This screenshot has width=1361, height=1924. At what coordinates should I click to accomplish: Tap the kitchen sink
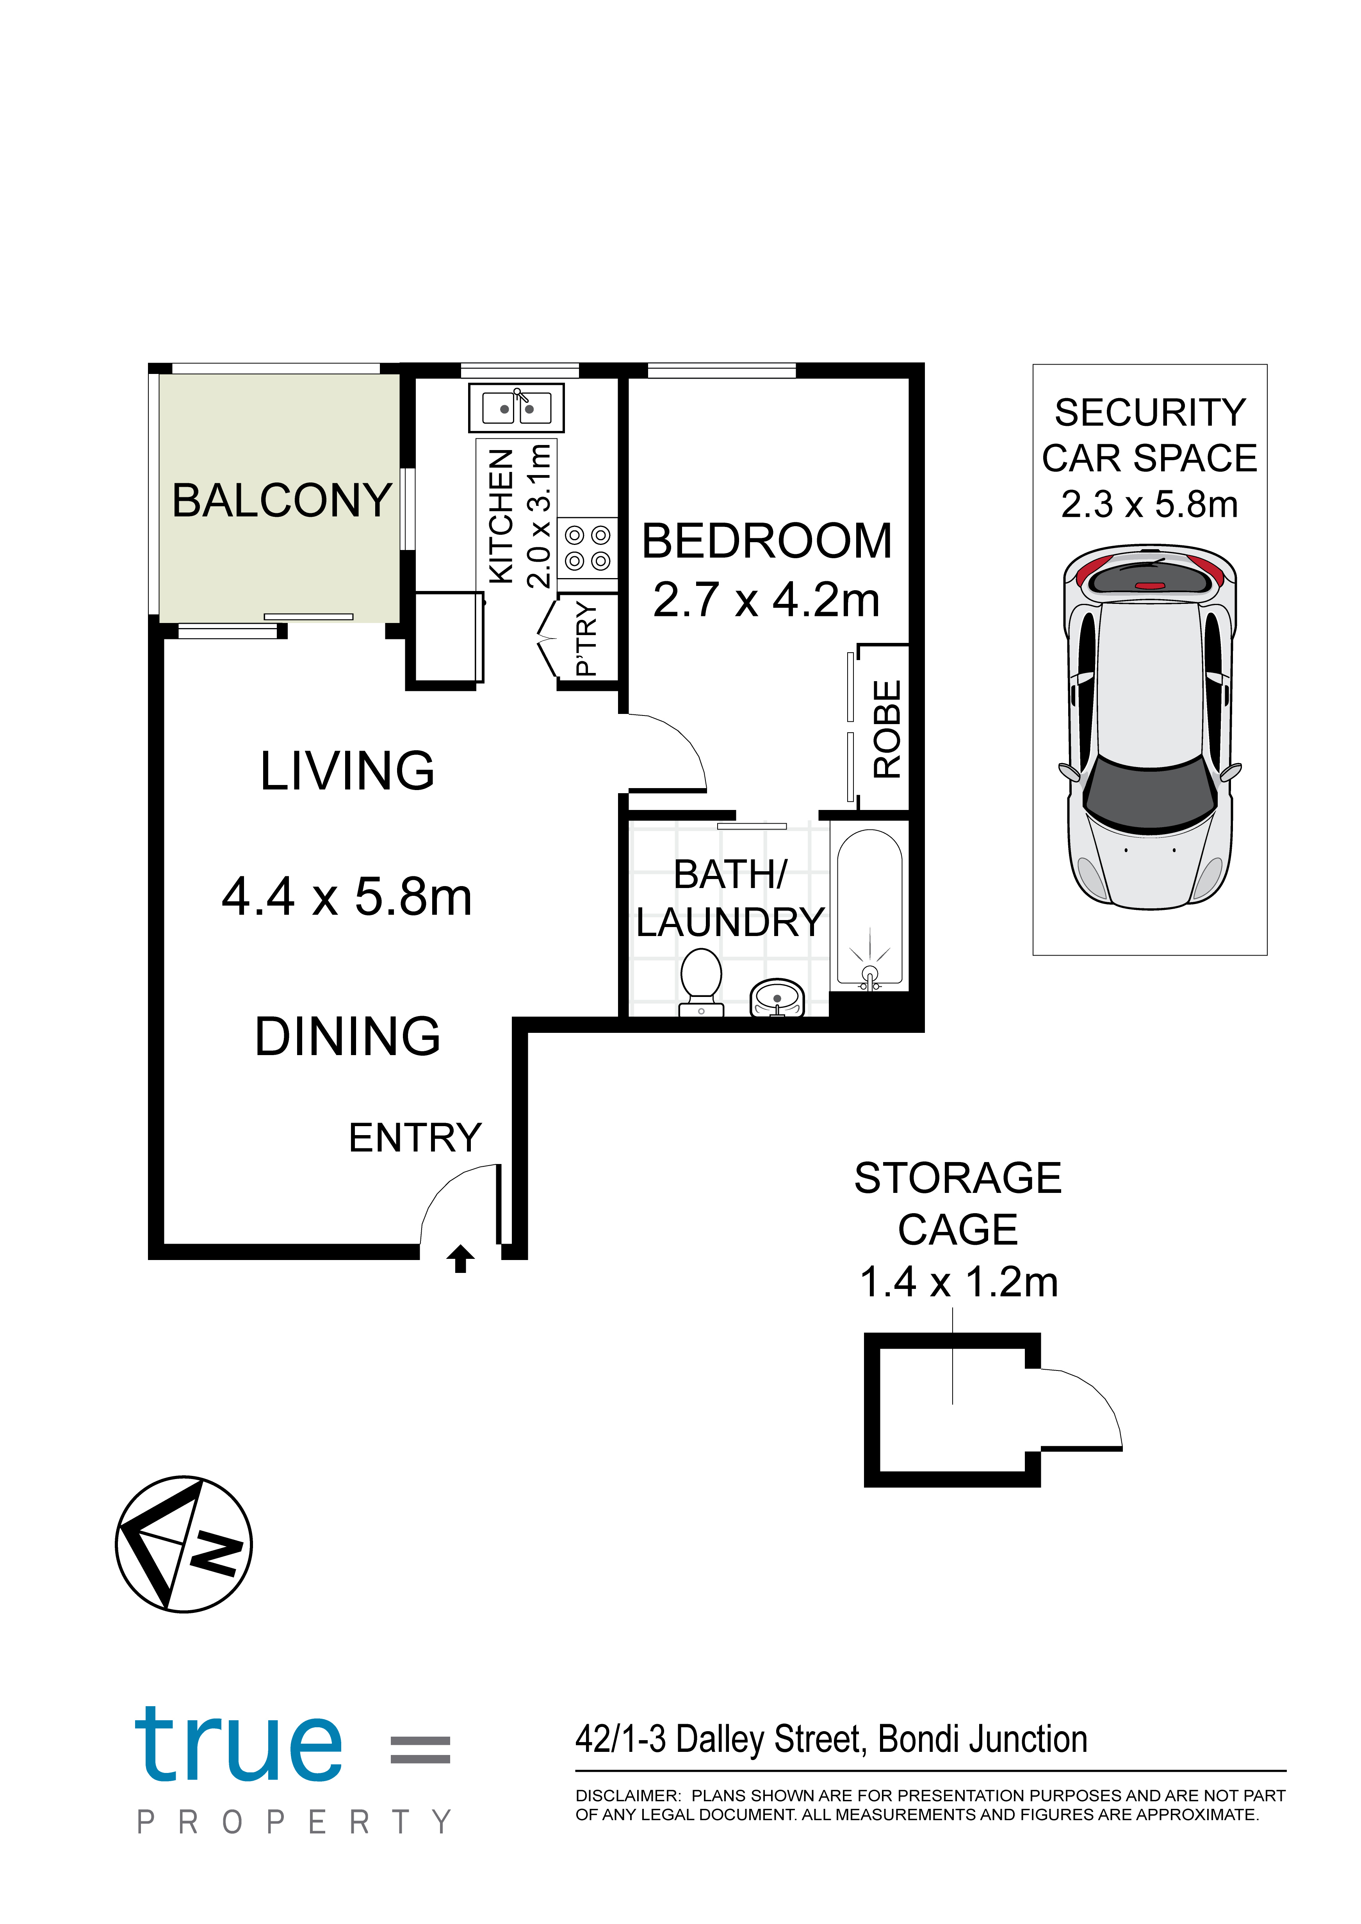coord(516,408)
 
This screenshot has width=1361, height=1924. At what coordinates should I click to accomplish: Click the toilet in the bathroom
coord(702,982)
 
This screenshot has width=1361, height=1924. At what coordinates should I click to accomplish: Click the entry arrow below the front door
coord(460,1258)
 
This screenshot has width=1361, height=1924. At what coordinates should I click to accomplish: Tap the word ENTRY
coord(415,1138)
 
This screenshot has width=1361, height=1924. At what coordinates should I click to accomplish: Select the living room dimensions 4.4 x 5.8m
coord(347,897)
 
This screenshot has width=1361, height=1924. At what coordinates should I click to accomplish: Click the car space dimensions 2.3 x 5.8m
coord(1150,504)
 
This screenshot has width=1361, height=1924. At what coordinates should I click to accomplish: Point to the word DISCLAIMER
coord(628,1796)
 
